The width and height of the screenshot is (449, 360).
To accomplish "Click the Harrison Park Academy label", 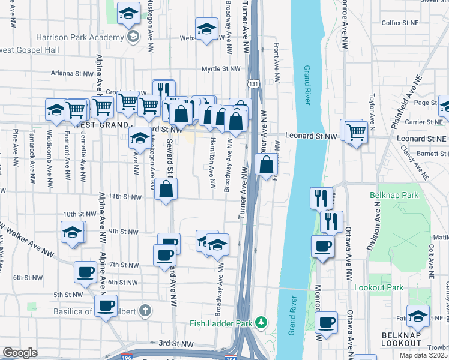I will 79,37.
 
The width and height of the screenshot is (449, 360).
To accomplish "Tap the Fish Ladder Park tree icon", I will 261,323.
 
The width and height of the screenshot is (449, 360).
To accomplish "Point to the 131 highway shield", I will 255,85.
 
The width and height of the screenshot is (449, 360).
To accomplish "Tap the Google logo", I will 20,353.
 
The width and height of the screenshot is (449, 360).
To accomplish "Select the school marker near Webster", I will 206,29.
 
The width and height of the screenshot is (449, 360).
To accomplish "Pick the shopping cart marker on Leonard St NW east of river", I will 357,131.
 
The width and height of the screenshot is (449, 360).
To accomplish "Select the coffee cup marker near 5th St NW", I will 106,305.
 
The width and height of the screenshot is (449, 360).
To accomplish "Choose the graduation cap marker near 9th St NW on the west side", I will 72,232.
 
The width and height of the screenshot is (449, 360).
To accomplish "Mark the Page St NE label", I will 425,103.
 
